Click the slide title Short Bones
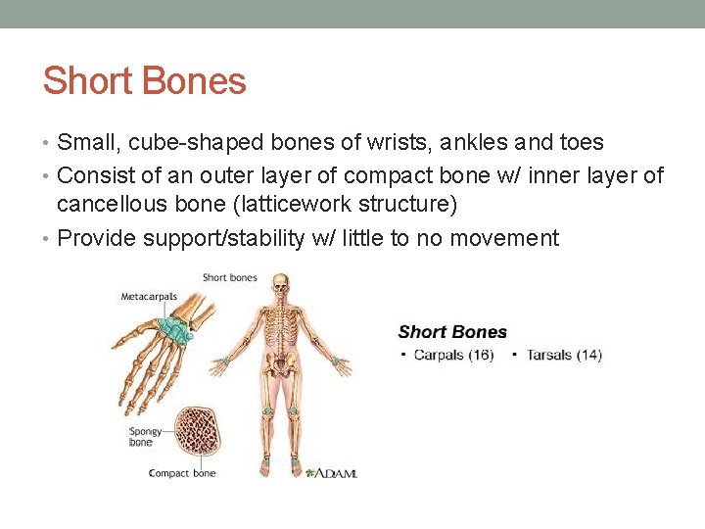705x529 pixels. point(144,80)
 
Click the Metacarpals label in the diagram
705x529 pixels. point(148,296)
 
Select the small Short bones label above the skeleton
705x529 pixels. point(229,277)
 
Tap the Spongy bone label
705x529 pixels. point(141,436)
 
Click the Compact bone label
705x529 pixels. point(181,473)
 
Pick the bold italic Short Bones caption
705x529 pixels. point(452,332)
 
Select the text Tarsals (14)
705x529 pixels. point(564,355)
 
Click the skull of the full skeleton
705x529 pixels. point(281,286)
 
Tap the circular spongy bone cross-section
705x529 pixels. point(200,432)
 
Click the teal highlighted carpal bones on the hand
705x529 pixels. point(177,330)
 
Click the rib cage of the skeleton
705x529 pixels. point(281,326)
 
